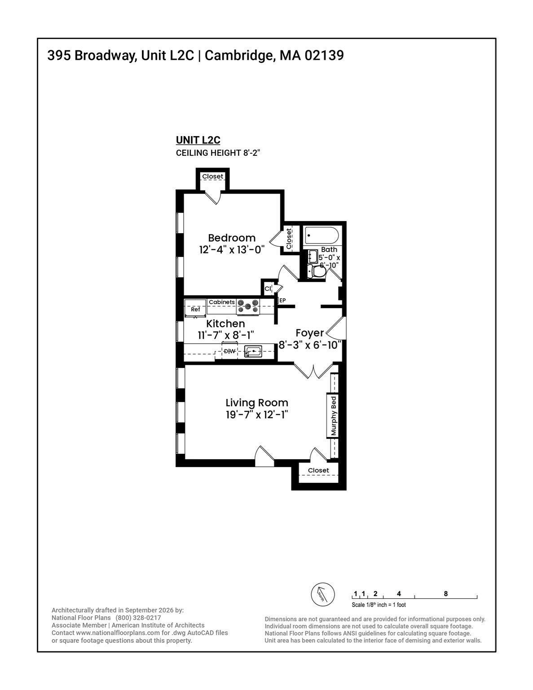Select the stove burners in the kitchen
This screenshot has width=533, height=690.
[248, 306]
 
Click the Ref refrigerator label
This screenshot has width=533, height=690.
[195, 309]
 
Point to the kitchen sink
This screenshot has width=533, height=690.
[253, 351]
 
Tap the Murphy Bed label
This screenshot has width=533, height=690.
[333, 416]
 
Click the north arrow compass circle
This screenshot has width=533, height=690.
[322, 595]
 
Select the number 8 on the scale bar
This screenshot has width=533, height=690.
[446, 593]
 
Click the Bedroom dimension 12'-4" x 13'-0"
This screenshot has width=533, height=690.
[232, 250]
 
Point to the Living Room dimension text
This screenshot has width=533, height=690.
[257, 415]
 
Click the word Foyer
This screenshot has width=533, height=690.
[310, 333]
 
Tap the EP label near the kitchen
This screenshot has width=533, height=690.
[282, 300]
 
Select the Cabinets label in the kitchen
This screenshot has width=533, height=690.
[222, 302]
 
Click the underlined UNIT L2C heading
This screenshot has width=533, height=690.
[198, 140]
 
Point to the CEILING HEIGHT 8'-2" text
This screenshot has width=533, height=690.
[218, 153]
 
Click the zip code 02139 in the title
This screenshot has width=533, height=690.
[324, 56]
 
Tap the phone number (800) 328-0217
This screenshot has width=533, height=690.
[138, 618]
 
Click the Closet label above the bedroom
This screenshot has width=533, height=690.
[212, 176]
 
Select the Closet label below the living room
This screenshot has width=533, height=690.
[318, 470]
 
